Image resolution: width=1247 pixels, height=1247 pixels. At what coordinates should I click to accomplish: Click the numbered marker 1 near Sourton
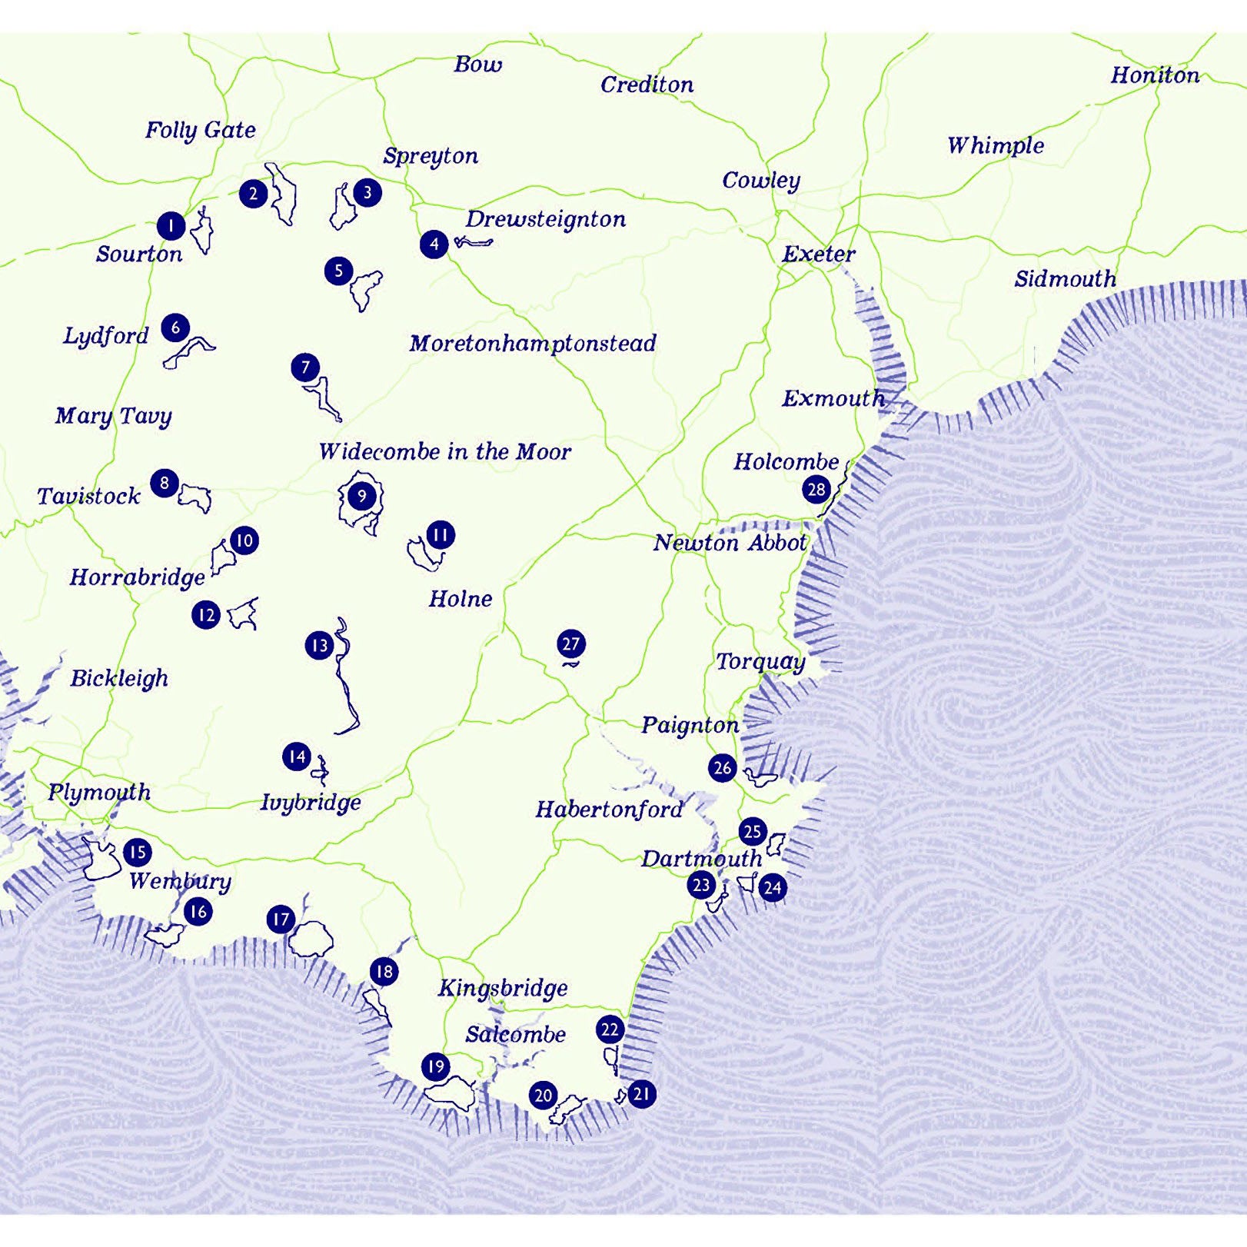tap(171, 226)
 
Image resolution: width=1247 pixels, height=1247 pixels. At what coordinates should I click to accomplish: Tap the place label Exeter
tap(818, 254)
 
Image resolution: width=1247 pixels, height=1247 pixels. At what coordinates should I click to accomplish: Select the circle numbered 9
tap(361, 496)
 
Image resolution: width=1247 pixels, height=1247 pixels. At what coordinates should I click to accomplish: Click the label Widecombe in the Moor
tap(444, 451)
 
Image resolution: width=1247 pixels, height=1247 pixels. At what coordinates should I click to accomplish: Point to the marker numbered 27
tap(570, 643)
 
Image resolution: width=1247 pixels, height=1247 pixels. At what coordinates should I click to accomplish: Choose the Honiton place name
tap(1154, 75)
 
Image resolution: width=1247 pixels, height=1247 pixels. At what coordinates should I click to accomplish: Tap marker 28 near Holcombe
tap(816, 489)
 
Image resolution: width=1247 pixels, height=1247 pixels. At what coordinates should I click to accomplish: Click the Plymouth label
tap(99, 792)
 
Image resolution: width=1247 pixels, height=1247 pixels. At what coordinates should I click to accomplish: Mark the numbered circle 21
tap(641, 1093)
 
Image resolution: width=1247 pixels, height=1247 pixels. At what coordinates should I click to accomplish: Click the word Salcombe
tap(515, 1035)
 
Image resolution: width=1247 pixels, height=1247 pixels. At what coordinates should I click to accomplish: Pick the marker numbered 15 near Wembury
tap(138, 852)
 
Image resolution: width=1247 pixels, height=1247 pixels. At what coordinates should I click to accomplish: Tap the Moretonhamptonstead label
tap(532, 343)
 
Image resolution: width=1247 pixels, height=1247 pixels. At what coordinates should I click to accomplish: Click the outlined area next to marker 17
tap(311, 938)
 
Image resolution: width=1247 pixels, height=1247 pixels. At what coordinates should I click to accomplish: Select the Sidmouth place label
tap(1065, 278)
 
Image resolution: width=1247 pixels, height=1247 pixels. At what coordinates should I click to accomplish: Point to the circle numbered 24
tap(772, 888)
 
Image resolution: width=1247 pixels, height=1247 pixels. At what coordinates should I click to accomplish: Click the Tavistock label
tap(88, 496)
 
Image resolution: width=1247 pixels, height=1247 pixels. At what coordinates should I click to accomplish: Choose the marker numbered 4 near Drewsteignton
tap(434, 244)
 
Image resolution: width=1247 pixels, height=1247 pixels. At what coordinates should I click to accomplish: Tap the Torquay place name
tap(760, 661)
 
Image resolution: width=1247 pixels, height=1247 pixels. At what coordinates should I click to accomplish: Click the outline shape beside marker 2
tap(281, 195)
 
